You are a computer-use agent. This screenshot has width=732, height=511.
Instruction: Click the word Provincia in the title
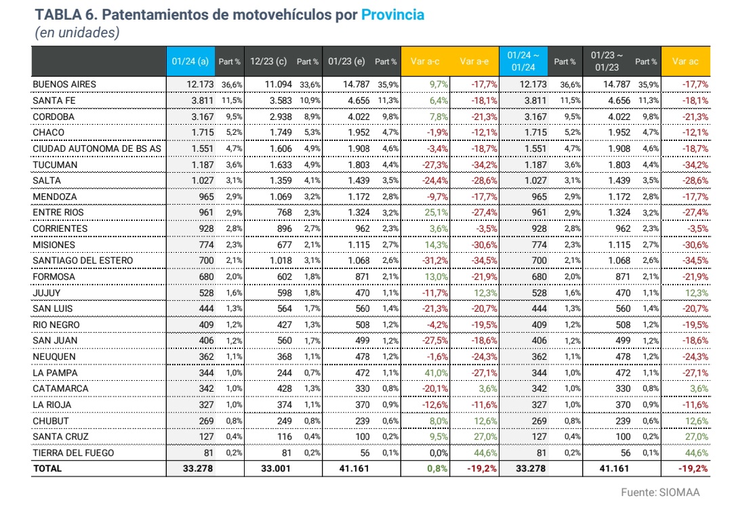tap(392, 15)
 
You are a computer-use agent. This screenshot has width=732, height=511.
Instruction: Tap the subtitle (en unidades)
tap(77, 33)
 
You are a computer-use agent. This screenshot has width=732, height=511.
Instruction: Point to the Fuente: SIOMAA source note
tap(660, 492)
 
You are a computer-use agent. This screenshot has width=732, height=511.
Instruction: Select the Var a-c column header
tap(425, 61)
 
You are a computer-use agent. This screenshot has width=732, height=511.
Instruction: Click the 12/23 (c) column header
tap(268, 61)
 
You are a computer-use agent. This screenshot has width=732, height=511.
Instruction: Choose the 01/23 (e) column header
tap(346, 61)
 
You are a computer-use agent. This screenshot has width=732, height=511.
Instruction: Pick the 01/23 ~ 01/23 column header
tap(607, 61)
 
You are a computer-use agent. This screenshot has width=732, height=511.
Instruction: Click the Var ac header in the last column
tap(685, 61)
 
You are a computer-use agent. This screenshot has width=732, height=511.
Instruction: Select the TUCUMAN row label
tap(55, 165)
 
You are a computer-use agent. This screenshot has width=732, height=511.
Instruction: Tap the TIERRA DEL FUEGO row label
tap(73, 453)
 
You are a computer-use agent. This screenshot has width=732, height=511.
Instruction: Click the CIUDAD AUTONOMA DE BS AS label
tap(97, 149)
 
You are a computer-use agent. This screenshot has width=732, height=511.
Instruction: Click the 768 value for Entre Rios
tap(284, 212)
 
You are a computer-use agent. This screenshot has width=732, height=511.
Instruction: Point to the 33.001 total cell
tap(275, 468)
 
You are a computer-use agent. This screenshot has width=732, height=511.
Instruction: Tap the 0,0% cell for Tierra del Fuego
tap(439, 453)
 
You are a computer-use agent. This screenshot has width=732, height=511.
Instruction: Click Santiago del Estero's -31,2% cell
tap(435, 260)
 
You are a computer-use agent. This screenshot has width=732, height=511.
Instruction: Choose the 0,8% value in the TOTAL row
tap(437, 468)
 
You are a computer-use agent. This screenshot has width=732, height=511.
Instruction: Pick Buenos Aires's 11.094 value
tap(279, 85)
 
